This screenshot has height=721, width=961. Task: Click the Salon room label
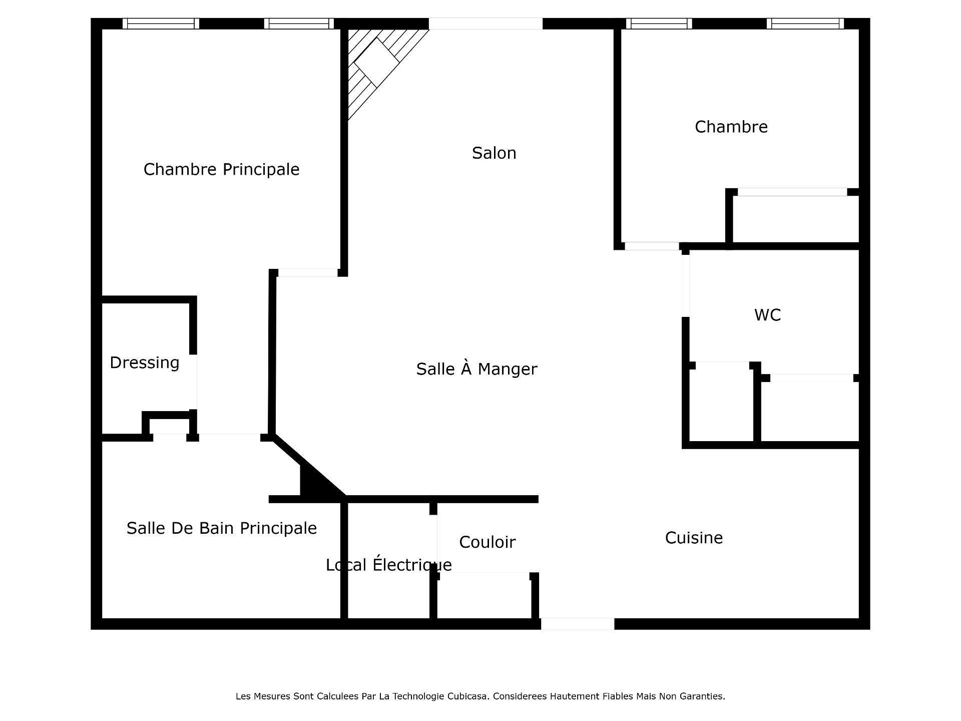pyautogui.click(x=494, y=153)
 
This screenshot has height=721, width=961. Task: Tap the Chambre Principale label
pyautogui.click(x=221, y=169)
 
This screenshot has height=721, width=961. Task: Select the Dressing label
pyautogui.click(x=144, y=363)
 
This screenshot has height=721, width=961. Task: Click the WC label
pyautogui.click(x=767, y=315)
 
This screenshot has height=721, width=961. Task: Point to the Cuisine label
pyautogui.click(x=693, y=538)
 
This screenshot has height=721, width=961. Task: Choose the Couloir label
pyautogui.click(x=487, y=542)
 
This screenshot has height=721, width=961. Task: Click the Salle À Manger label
pyautogui.click(x=476, y=369)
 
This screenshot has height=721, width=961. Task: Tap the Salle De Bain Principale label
pyautogui.click(x=221, y=528)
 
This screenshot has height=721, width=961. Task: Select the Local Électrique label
pyautogui.click(x=388, y=565)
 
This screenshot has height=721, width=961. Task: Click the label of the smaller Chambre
pyautogui.click(x=731, y=127)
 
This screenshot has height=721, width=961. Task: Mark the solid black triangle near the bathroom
pyautogui.click(x=315, y=483)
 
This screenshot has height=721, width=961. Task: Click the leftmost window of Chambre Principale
pyautogui.click(x=161, y=24)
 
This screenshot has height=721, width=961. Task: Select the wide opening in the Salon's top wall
pyautogui.click(x=485, y=24)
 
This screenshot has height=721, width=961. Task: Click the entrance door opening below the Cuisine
pyautogui.click(x=577, y=623)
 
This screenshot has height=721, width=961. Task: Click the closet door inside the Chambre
pyautogui.click(x=792, y=192)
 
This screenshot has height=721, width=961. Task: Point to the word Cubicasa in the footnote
pyautogui.click(x=468, y=696)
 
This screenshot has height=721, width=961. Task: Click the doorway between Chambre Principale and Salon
pyautogui.click(x=308, y=272)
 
